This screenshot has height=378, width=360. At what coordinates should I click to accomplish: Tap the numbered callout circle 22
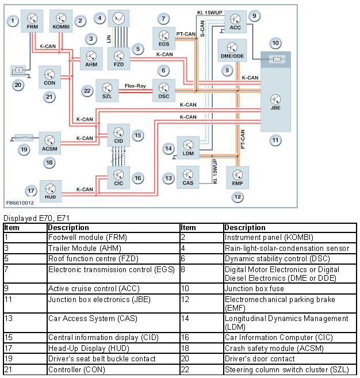coord(87,90)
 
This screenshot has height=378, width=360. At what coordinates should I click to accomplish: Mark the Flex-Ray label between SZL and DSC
coord(134,86)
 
